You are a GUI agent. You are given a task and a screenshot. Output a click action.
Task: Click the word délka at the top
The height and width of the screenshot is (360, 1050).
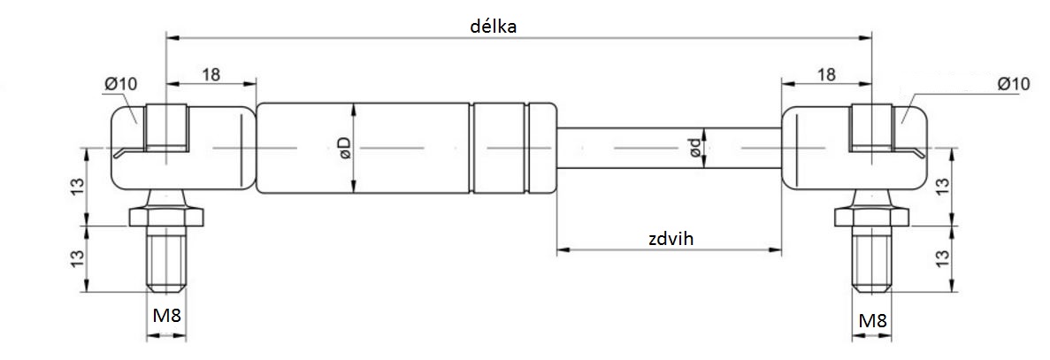tap(493, 26)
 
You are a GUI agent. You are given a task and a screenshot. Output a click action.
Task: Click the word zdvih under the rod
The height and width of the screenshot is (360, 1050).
tap(670, 238)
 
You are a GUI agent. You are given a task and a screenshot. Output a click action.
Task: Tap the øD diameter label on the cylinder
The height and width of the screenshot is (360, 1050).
tap(344, 148)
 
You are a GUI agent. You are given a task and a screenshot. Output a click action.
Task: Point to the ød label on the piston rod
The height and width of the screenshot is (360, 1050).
tap(697, 148)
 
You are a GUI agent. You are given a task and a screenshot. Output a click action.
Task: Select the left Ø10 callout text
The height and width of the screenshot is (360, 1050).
tap(120, 83)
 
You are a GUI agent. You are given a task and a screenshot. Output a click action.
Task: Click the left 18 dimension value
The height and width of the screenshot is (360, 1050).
tap(211, 74)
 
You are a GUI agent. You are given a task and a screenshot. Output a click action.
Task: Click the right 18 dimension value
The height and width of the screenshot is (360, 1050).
tap(826, 74)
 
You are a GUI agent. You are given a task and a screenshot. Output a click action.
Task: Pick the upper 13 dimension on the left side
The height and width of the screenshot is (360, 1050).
tap(77, 188)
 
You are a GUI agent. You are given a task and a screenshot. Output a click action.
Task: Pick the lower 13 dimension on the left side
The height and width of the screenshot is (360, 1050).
tap(77, 258)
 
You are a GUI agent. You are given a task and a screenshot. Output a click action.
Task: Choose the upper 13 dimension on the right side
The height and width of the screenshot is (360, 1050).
tap(943, 188)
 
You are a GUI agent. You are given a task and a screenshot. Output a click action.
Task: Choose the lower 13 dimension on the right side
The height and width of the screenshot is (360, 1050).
tap(943, 258)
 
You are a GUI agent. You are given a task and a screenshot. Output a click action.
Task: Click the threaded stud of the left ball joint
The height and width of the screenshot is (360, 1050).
tap(167, 261)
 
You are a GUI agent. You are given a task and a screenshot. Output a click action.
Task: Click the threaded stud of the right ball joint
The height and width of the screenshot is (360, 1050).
tap(872, 261)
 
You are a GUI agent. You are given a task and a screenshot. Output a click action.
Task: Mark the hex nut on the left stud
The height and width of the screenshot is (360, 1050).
tap(167, 216)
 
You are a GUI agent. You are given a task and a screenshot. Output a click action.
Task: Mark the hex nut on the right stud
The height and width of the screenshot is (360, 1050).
tap(872, 216)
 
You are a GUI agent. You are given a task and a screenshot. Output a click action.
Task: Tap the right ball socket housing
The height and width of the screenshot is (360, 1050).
tap(818, 148)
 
